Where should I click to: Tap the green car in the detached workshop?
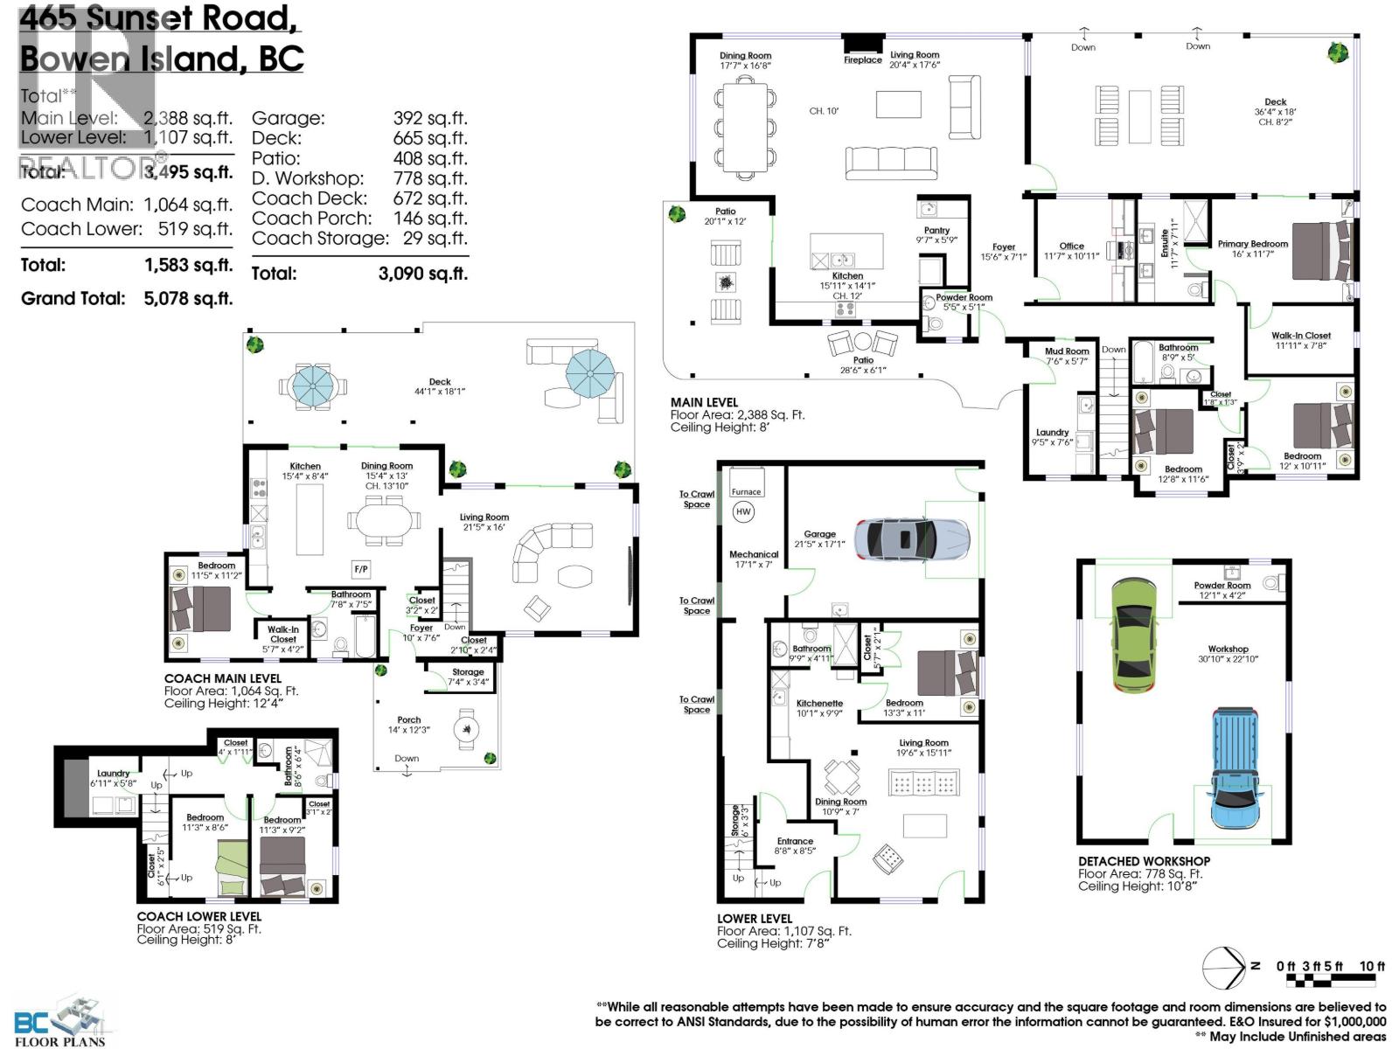1138,636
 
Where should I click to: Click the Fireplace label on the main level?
862,59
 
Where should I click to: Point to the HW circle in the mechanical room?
743,511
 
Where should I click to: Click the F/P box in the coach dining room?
361,569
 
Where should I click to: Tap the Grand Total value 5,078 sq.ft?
188,298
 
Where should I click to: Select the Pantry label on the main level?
936,231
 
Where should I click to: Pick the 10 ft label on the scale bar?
1372,966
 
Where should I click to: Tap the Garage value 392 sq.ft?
429,118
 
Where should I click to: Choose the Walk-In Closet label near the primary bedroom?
1300,335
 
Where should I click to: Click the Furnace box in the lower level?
746,491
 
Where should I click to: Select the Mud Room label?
1067,351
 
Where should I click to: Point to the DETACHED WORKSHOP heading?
1144,861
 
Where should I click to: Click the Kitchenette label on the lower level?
819,703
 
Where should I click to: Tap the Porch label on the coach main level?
408,720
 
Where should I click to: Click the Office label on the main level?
1071,247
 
